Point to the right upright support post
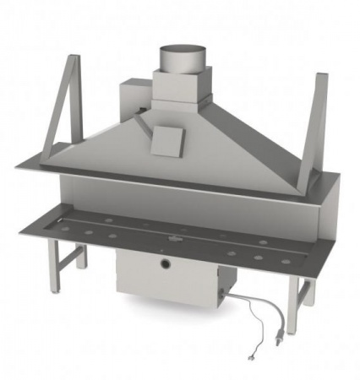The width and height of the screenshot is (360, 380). [320, 127]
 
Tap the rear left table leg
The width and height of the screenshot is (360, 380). [81, 253]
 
